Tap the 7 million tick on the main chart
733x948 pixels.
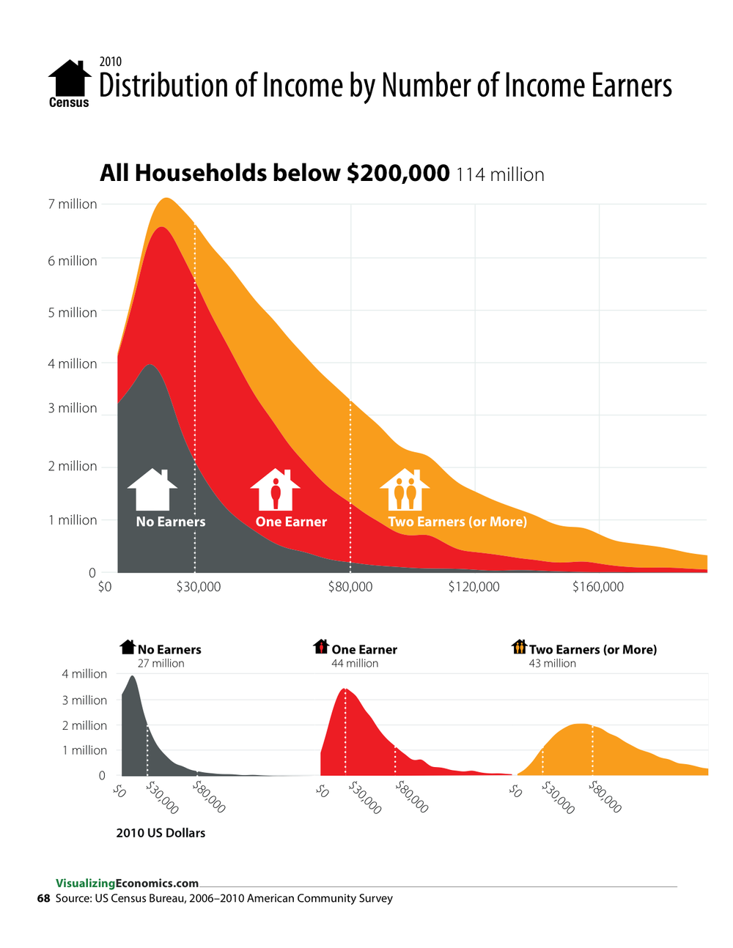(x=73, y=204)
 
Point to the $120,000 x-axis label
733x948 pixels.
(x=474, y=587)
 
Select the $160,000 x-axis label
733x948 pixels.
(x=598, y=587)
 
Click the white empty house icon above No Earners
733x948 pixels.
(x=152, y=490)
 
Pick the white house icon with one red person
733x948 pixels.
(x=275, y=490)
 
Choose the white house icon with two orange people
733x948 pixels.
(x=405, y=490)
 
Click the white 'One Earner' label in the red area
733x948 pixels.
(x=291, y=522)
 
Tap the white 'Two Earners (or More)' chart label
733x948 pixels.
(x=457, y=522)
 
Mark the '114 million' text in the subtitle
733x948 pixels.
(x=500, y=175)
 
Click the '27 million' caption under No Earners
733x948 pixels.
(x=161, y=664)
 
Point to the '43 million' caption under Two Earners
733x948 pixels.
(x=553, y=664)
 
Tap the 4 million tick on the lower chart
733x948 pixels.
(x=84, y=674)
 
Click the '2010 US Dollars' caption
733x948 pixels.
(x=161, y=833)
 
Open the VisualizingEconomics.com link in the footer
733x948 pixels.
(x=127, y=884)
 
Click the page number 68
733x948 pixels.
(x=43, y=898)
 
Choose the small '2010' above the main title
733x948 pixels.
(x=110, y=62)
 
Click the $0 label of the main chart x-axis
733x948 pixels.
(x=105, y=587)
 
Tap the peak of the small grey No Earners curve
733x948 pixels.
(x=133, y=677)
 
